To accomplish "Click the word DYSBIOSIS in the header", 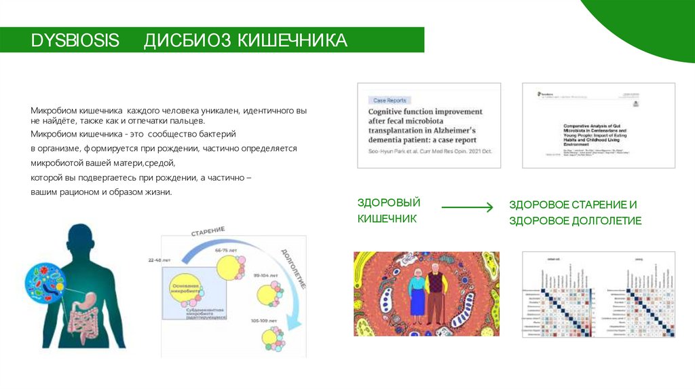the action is pyautogui.click(x=75, y=41).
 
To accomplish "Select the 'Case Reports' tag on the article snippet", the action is pyautogui.click(x=390, y=100).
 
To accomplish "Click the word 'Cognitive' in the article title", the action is pyautogui.click(x=390, y=111).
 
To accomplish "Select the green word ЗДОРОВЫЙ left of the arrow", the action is pyautogui.click(x=389, y=202).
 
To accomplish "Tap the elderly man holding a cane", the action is pyautogui.click(x=438, y=292).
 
